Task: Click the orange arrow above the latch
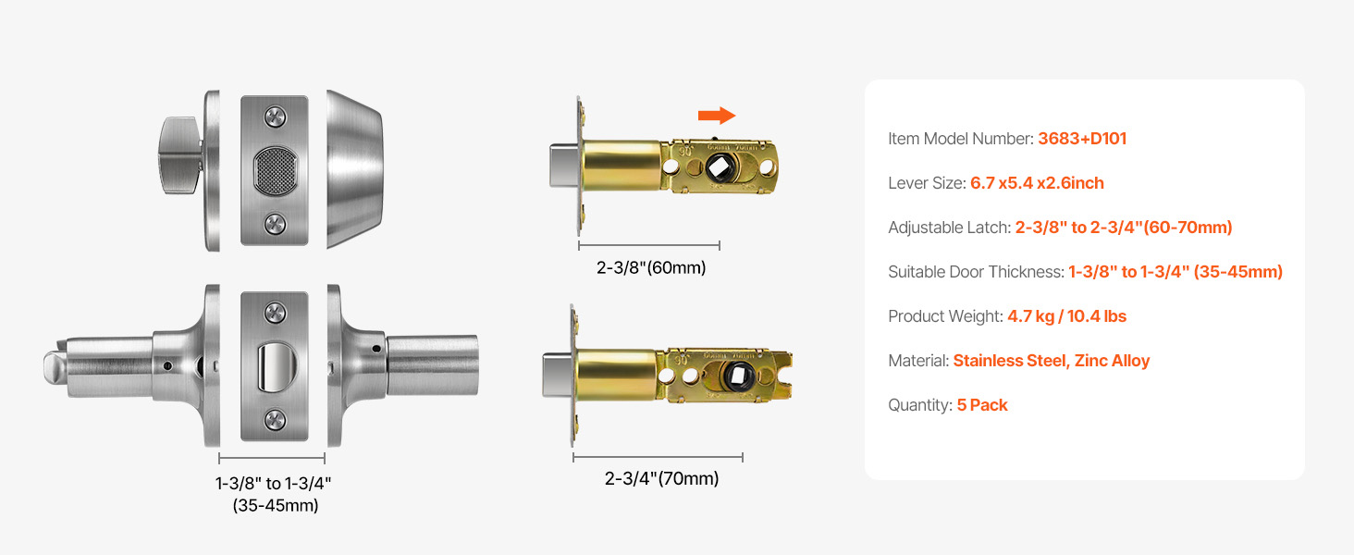716,115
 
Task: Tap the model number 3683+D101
1082,139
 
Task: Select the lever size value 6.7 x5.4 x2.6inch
1037,183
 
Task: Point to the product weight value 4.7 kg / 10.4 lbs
1067,316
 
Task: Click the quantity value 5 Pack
982,405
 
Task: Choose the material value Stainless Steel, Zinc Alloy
1052,361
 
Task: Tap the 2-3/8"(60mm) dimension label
651,268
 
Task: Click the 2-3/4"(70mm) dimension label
661,479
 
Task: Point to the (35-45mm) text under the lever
276,505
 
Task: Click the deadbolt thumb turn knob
180,155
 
